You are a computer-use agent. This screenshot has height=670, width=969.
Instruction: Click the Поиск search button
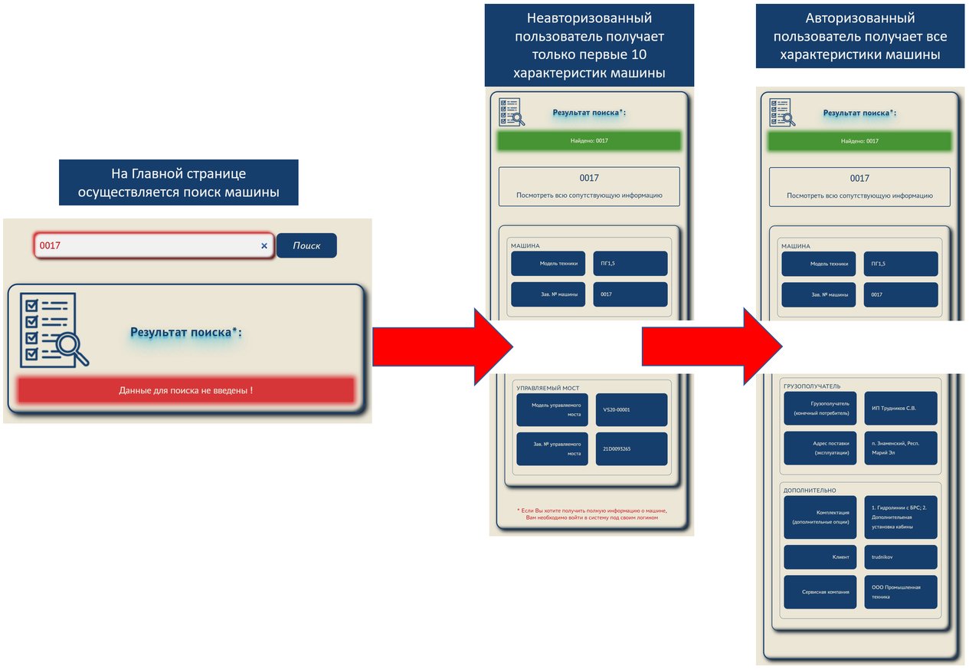(306, 245)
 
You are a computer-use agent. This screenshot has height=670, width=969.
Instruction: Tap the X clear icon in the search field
(264, 246)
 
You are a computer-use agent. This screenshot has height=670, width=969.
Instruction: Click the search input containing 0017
(153, 245)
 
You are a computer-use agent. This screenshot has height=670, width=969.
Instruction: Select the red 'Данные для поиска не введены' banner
(186, 390)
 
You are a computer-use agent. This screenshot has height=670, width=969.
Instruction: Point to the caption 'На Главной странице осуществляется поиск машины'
(178, 182)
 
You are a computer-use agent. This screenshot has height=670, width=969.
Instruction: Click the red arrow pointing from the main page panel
(443, 346)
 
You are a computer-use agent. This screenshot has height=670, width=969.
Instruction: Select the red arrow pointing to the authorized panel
(712, 346)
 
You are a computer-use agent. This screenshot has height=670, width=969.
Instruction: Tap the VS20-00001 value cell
(631, 409)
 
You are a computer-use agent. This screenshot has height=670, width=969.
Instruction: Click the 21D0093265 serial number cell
(631, 448)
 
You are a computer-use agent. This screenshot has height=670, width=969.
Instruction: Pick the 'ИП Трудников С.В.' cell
(901, 408)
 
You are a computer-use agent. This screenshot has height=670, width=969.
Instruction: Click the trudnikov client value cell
(901, 557)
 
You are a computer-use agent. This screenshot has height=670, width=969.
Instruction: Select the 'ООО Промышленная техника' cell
(901, 592)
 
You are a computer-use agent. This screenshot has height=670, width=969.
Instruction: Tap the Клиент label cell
(820, 557)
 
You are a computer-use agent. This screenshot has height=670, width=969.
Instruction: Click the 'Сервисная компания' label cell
(820, 592)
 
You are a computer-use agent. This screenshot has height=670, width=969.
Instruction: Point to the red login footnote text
(592, 514)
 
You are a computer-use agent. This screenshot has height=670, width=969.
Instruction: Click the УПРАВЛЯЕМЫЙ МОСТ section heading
(548, 388)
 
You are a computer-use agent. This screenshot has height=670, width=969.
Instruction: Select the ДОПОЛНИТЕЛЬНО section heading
(810, 491)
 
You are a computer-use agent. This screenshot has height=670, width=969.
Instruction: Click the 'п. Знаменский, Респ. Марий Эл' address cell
(901, 448)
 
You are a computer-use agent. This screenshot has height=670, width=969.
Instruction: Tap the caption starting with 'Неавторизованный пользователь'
(589, 45)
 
